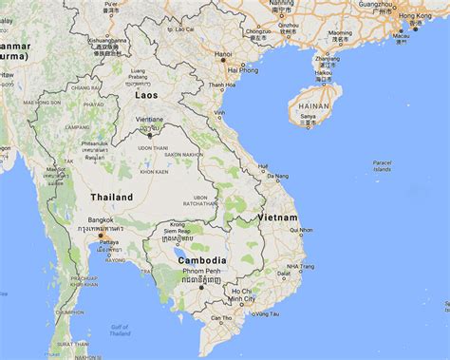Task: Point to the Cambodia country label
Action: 200,259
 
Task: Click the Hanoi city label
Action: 223,54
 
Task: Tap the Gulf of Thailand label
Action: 120,330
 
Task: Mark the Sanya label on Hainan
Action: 307,116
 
